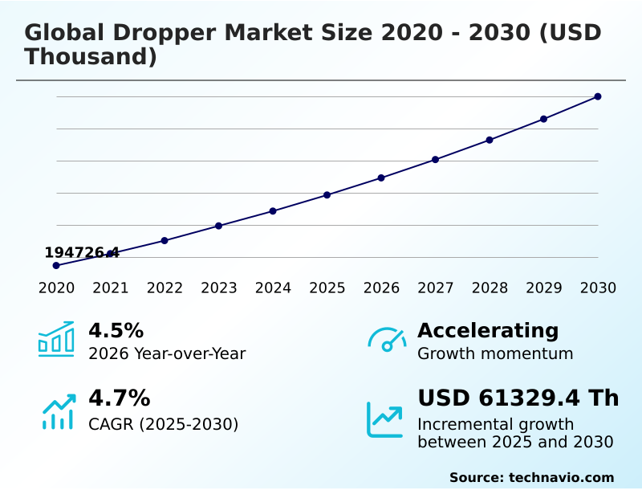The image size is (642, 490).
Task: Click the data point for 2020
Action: click(56, 265)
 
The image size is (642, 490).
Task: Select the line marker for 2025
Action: click(327, 195)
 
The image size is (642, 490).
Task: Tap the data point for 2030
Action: click(598, 96)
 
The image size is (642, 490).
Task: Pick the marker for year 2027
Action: click(436, 160)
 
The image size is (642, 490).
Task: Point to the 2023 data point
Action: click(218, 226)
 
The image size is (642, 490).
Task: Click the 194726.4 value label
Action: click(82, 253)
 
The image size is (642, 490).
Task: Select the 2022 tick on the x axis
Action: click(165, 288)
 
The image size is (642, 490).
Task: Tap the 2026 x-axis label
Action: click(381, 288)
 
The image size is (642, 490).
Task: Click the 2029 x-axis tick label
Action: click(544, 288)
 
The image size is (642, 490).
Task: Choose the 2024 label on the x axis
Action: click(273, 288)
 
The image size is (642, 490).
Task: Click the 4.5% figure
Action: click(116, 331)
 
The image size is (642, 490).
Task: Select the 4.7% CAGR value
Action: click(119, 398)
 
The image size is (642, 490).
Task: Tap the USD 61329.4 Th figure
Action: click(518, 398)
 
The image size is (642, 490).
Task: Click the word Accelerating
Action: click(488, 331)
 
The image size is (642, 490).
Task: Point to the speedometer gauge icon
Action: click(386, 340)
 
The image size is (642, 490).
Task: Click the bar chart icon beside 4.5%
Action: click(56, 339)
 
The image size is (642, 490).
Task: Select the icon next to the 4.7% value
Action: click(58, 411)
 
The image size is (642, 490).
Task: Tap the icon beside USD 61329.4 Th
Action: click(385, 419)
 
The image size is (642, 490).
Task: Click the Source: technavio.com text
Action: click(531, 477)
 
